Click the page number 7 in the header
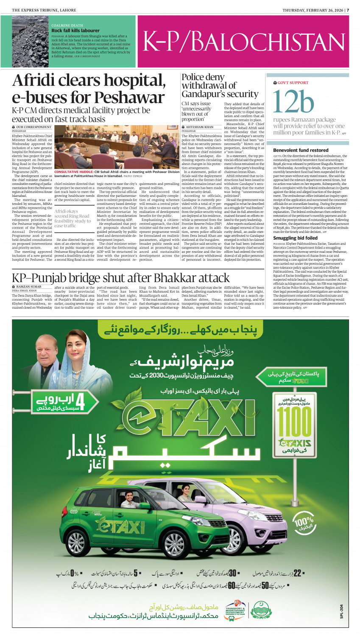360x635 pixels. coord(347,10)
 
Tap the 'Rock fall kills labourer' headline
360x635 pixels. coord(75,31)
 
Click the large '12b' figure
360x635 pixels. coord(293,102)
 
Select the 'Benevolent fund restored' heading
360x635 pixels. coord(301,150)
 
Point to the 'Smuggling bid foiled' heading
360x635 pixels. coord(295,238)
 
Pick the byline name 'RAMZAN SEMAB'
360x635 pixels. coord(29,287)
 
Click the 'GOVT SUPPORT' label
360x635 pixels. coord(293,83)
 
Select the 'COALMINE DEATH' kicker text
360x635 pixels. coord(67,25)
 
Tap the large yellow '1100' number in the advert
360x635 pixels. coord(294,421)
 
